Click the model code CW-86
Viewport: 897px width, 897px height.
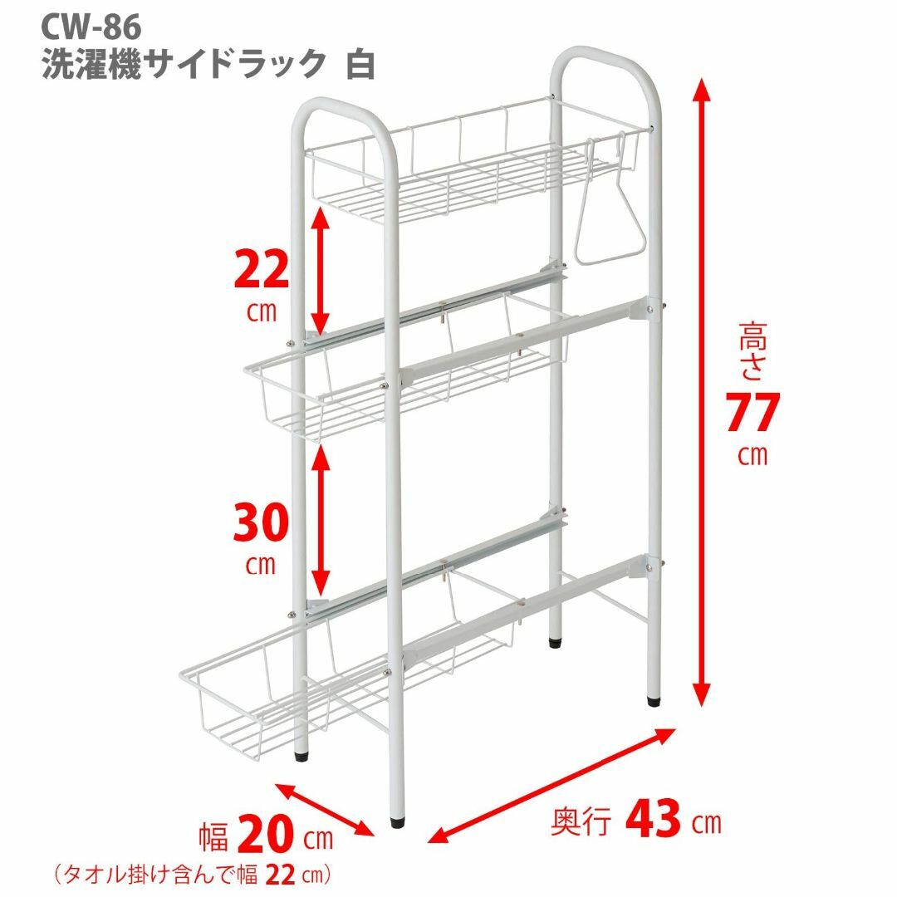tap(91, 27)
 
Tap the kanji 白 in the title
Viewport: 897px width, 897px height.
tap(360, 64)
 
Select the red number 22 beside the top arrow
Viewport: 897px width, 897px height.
tap(262, 270)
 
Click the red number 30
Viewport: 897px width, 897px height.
tap(261, 523)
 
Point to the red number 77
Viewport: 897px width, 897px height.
tap(752, 413)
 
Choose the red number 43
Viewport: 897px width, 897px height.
tap(654, 819)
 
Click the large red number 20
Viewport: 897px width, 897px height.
tap(266, 836)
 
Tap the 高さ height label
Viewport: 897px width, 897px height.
tap(752, 350)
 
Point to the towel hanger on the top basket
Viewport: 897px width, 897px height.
tap(609, 199)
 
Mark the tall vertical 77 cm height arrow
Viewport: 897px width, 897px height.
tap(702, 394)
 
